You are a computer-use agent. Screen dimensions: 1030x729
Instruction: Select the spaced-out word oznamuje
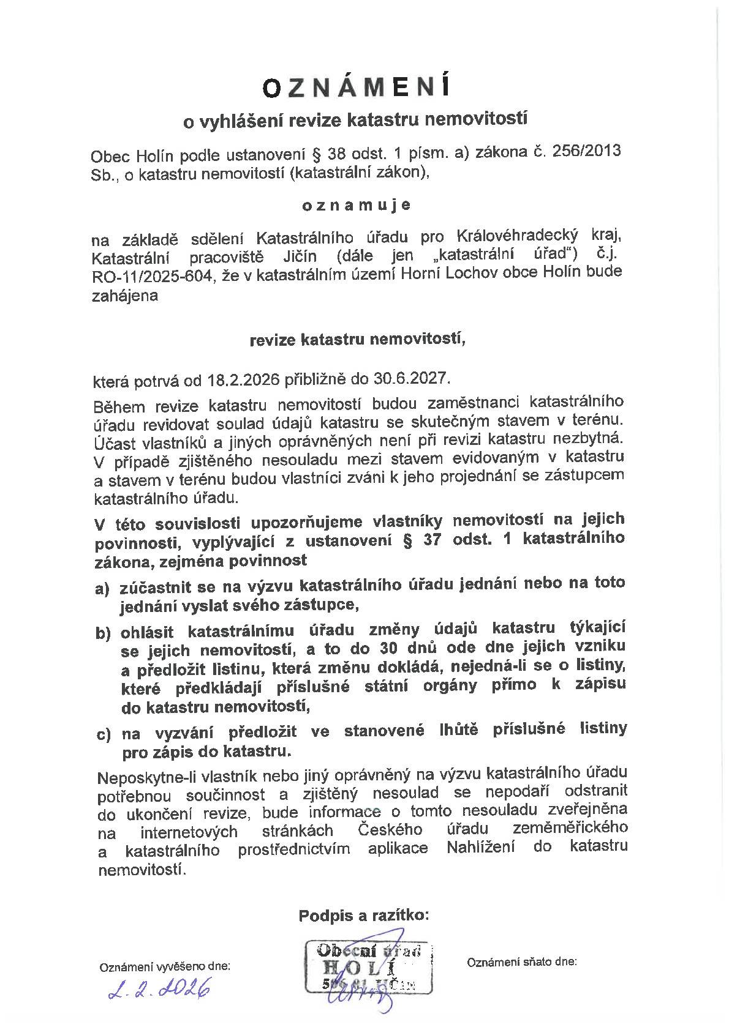click(x=357, y=205)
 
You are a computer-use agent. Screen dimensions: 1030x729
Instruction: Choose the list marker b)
click(x=103, y=633)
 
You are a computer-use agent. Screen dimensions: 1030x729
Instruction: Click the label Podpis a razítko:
click(x=364, y=916)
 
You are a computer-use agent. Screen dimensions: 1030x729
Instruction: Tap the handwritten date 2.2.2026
click(x=159, y=987)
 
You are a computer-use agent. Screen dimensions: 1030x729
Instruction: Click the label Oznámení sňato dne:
click(x=522, y=961)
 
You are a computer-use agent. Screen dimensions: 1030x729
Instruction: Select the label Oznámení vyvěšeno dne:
click(x=165, y=967)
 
